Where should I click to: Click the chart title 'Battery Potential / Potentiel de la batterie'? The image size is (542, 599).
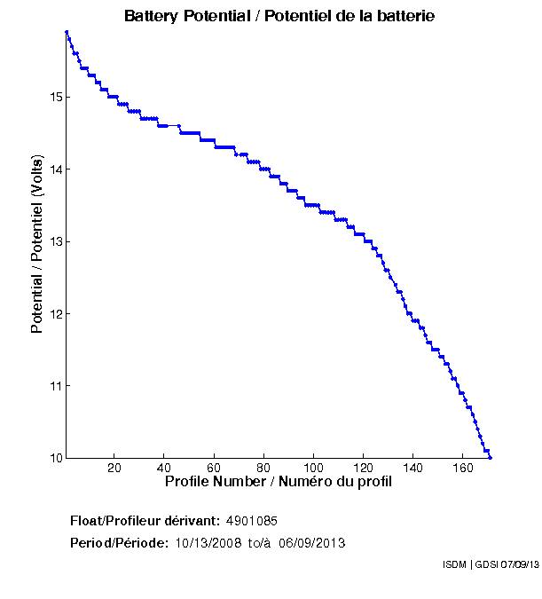[x=279, y=16]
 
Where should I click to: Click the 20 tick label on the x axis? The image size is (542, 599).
[x=114, y=468]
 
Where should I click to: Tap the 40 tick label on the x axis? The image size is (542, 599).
[x=164, y=468]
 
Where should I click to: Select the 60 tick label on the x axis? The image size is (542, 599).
[x=214, y=468]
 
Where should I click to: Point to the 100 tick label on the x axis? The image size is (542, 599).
[x=314, y=468]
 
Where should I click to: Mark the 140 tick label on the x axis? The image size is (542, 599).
[x=413, y=468]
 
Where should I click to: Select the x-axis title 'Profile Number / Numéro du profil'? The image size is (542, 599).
[x=279, y=482]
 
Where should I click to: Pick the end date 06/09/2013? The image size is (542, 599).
[x=311, y=543]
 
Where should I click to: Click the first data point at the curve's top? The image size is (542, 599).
[x=67, y=32]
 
